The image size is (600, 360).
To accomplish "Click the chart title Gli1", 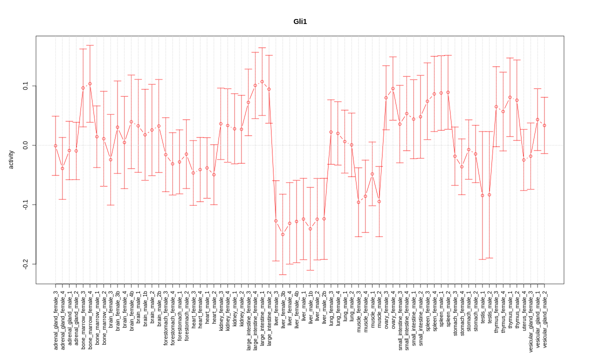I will point(300,21).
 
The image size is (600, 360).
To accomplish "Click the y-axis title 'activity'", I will point(11,159).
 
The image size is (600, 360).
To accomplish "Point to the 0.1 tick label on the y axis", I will point(25,86).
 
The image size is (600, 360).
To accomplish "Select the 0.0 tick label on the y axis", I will point(25,145).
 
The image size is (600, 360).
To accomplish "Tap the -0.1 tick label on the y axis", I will point(25,204).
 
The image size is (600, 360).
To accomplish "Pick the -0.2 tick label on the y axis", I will point(25,263).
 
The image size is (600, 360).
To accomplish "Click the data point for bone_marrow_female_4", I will point(90,84).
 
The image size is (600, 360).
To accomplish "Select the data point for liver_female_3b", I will point(282,234).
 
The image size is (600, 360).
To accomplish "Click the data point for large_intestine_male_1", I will point(262,81).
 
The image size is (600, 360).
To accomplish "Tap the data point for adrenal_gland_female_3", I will point(55,145).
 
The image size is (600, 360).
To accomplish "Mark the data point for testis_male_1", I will point(482,195).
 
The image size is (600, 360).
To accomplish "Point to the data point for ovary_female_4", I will point(393,88).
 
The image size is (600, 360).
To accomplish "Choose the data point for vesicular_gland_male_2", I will point(544,125).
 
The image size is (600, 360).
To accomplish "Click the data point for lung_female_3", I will point(331,132).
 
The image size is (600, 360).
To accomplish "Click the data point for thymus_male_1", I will point(510,97).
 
